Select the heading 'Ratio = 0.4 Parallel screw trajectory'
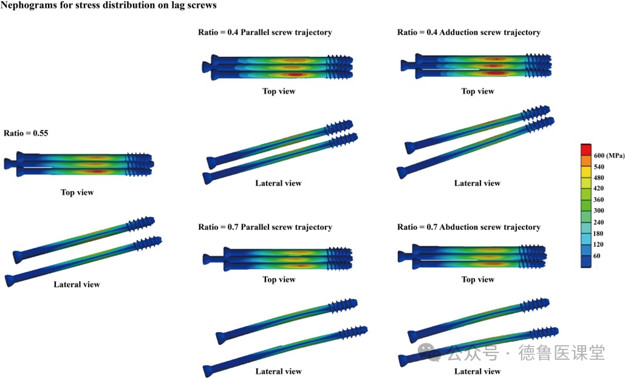pos(265,32)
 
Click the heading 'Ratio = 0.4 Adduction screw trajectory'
pos(468,32)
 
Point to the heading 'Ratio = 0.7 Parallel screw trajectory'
pos(265,227)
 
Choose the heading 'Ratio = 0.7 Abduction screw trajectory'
pos(468,227)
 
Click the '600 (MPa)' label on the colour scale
pos(607,155)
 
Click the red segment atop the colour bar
pos(586,149)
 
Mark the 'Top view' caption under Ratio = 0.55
pos(77,192)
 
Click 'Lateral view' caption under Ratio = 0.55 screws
pos(77,284)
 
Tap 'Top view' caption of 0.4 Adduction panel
pos(477,91)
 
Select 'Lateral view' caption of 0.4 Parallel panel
pos(278,183)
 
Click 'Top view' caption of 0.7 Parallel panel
pos(278,279)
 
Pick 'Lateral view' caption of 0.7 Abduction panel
pos(477,371)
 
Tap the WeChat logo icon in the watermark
pos(429,351)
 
